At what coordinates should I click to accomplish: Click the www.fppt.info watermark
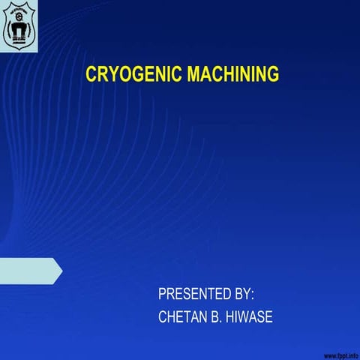(340, 353)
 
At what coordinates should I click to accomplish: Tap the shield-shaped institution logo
(19, 25)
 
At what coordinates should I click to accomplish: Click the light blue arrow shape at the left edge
(30, 270)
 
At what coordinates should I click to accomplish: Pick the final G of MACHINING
(272, 75)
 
